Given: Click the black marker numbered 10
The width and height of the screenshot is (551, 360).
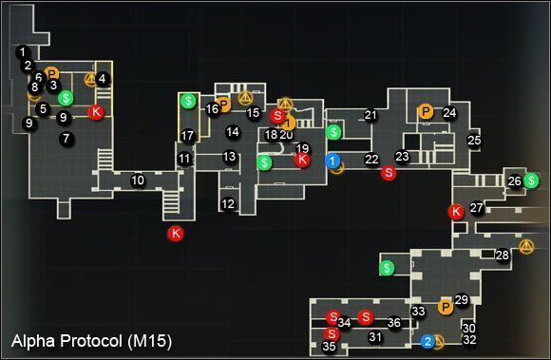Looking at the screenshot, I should click(x=138, y=180).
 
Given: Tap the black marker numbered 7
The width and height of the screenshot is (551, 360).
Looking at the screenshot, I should click(x=66, y=139).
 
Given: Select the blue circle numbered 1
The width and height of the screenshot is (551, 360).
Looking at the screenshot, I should click(x=332, y=161).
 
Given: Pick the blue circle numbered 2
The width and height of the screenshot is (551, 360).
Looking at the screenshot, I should click(x=428, y=341).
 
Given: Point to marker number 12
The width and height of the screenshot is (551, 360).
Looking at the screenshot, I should click(x=227, y=204).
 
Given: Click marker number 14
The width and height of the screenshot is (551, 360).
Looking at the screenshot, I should click(x=233, y=132).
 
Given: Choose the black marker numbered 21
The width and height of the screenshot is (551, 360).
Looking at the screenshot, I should click(x=370, y=116).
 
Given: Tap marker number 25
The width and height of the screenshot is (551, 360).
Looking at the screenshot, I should click(x=474, y=141).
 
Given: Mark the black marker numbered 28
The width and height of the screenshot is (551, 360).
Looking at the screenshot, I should click(x=502, y=256).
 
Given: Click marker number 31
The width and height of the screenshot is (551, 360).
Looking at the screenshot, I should click(x=375, y=336).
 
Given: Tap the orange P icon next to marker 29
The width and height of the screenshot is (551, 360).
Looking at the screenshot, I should click(x=444, y=306).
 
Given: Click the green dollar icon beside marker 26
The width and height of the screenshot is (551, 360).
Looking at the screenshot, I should click(x=531, y=180).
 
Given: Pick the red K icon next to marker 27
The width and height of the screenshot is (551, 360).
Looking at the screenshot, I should click(x=456, y=212).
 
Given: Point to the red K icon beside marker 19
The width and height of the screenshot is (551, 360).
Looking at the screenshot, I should click(x=302, y=161).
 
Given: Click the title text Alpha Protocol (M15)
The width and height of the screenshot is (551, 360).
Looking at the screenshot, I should click(x=91, y=339).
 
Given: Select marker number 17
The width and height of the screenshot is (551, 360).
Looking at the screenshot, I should click(x=188, y=136).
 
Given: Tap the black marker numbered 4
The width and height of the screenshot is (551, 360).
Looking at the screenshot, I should click(x=103, y=79).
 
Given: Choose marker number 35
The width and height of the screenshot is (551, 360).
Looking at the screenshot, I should click(x=330, y=348).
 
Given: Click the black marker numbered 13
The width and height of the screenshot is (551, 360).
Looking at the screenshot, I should click(x=230, y=157).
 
